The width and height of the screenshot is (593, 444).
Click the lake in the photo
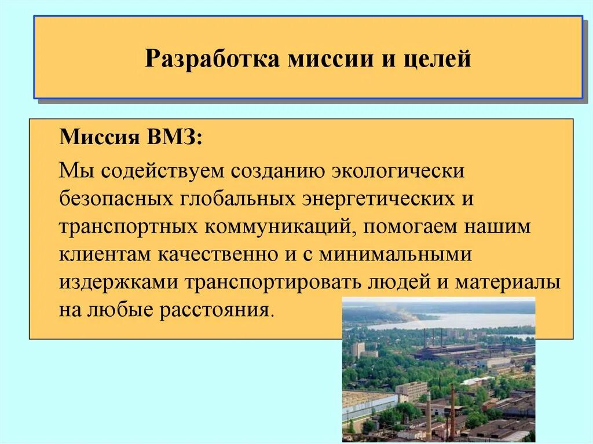tap(463, 320)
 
